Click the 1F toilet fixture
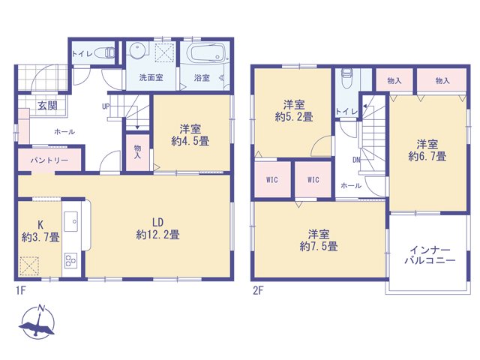click(x=105, y=52)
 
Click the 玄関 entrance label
click(x=47, y=106)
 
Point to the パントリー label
click(x=49, y=160)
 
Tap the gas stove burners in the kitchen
click(x=70, y=260)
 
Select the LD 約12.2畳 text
click(x=157, y=229)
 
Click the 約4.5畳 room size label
click(x=190, y=141)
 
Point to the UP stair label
click(x=106, y=106)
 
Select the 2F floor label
click(x=258, y=290)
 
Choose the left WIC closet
click(x=272, y=179)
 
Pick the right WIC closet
click(x=313, y=179)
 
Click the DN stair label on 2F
click(x=356, y=160)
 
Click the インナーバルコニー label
click(x=430, y=255)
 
